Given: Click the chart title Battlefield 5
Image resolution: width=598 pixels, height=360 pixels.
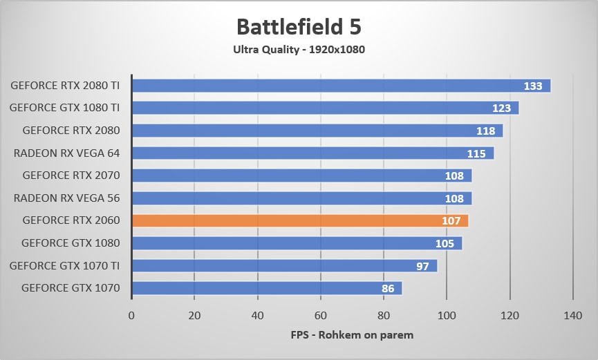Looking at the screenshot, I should [x=299, y=27].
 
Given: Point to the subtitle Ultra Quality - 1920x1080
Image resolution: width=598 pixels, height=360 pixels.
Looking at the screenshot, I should [x=299, y=50].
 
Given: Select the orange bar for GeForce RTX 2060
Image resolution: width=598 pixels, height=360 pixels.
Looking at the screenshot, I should [x=300, y=221].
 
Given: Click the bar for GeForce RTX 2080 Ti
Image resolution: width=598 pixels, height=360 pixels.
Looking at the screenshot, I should [x=341, y=86].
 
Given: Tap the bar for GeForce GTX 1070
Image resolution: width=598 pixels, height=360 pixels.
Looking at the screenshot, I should [x=267, y=288].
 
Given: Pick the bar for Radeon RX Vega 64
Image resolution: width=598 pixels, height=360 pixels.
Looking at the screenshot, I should [x=312, y=153].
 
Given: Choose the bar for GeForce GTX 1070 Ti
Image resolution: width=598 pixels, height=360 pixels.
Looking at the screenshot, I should [x=284, y=266].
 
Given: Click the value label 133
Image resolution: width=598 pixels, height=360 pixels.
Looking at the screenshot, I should [x=533, y=86].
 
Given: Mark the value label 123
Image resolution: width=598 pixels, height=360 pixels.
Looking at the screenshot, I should [x=501, y=108].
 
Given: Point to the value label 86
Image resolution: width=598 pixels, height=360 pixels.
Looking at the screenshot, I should [x=389, y=288].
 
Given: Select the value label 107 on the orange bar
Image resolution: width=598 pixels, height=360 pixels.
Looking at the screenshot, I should [x=451, y=221].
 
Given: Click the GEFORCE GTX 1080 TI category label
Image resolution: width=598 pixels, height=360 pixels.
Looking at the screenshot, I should [x=65, y=108].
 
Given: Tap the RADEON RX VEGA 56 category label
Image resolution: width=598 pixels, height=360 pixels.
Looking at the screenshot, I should [x=66, y=198].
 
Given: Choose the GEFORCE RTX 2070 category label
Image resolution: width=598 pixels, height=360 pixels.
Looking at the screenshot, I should [x=71, y=176].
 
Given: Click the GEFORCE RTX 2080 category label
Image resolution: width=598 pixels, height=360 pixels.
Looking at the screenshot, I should [x=71, y=131].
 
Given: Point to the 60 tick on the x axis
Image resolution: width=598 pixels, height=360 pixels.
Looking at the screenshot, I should [x=321, y=316].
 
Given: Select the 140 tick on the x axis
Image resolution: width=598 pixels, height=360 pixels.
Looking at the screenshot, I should [x=573, y=316].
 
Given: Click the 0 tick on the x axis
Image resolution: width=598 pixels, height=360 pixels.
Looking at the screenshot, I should [x=131, y=316].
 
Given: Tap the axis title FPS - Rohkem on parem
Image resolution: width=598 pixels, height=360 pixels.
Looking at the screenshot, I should [x=352, y=336].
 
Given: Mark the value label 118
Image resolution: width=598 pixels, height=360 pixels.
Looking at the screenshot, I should [x=485, y=131].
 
